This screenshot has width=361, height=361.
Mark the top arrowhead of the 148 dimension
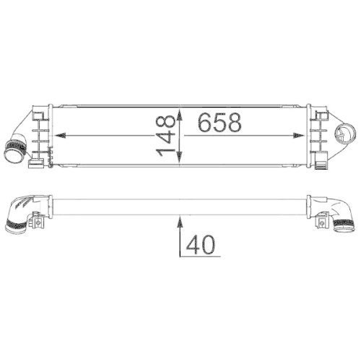[x=180, y=110]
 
